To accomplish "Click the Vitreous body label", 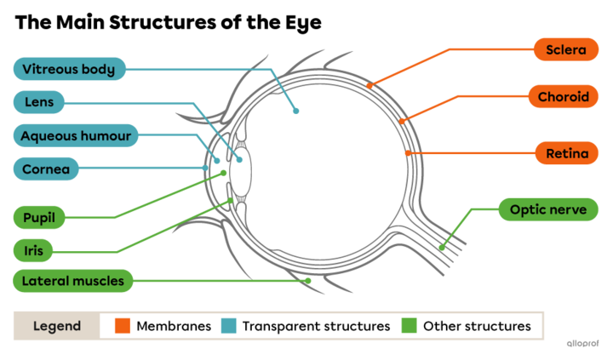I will (x=69, y=69).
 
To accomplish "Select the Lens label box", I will (x=38, y=102).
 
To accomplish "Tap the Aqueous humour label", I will (x=75, y=135).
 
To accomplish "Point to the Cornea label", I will (x=45, y=169).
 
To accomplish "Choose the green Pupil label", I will (x=39, y=218).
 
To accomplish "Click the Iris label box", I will (x=34, y=250).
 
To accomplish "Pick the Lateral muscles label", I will (x=72, y=280).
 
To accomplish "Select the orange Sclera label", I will (x=566, y=50).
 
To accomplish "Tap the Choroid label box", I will (x=563, y=97).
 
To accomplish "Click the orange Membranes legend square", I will (x=123, y=326).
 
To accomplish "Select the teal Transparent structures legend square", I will (x=228, y=326).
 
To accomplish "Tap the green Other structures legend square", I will (x=410, y=326).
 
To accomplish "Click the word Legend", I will (x=57, y=326).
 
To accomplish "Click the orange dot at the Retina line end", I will (x=409, y=154).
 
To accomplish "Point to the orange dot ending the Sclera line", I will (x=370, y=85).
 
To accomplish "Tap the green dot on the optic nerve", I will (x=441, y=247).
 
